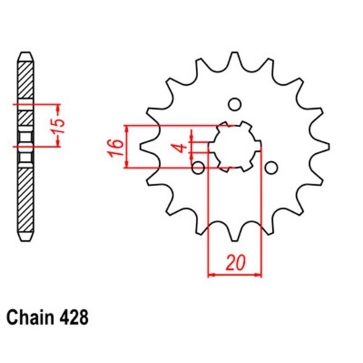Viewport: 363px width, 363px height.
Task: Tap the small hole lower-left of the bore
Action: coord(198,168)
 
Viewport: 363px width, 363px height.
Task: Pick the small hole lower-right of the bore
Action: coord(271,168)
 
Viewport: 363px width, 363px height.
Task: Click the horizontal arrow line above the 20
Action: coord(234,275)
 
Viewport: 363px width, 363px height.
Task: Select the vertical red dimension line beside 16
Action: coord(129,147)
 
